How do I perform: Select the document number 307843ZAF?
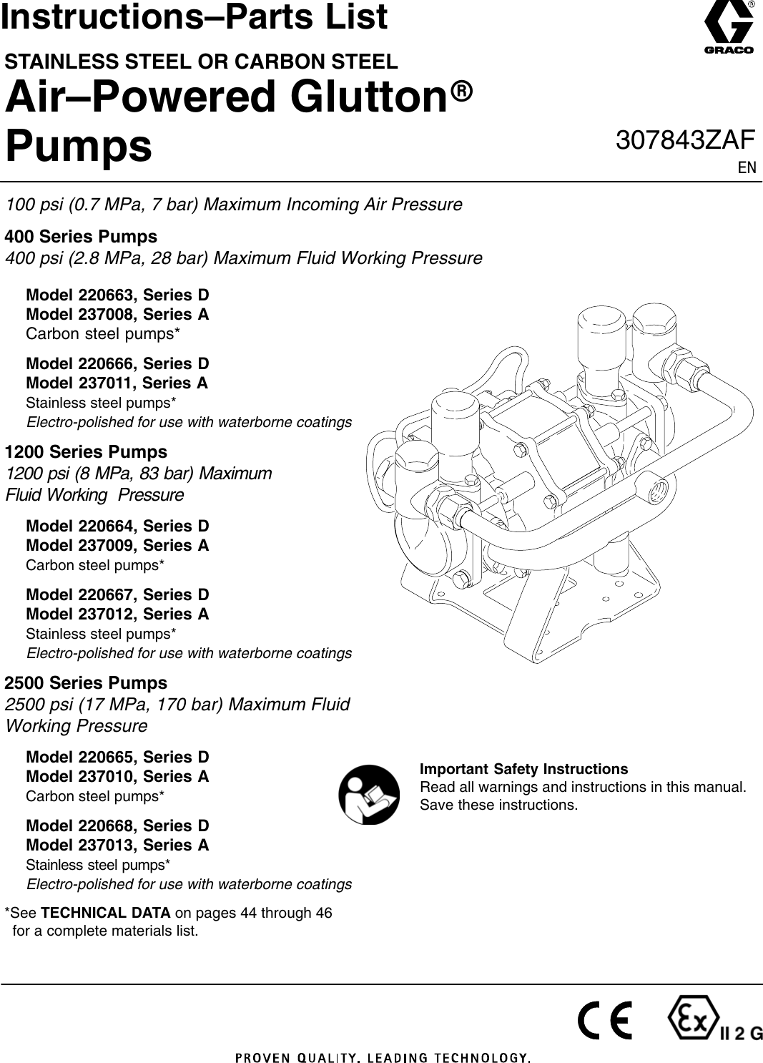coord(684,140)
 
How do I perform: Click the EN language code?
coord(747,168)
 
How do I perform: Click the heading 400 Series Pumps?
coord(81,237)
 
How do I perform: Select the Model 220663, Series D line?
coord(117,295)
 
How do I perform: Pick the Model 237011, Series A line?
coord(117,383)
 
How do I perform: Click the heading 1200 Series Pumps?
coord(86,452)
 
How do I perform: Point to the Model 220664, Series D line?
coord(117,526)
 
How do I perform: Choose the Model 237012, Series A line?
coord(117,614)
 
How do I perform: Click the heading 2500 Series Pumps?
coord(86,683)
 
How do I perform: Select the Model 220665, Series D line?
coord(117,758)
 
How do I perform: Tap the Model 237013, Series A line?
coord(117,846)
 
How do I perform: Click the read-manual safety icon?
coord(369,795)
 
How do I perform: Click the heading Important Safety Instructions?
coord(523,770)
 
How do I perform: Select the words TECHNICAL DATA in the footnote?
coord(106,913)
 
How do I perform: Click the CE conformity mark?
coord(605,1021)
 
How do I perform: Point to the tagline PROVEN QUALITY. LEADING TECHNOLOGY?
coord(383,1057)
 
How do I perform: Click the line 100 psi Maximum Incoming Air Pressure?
coord(234,205)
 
